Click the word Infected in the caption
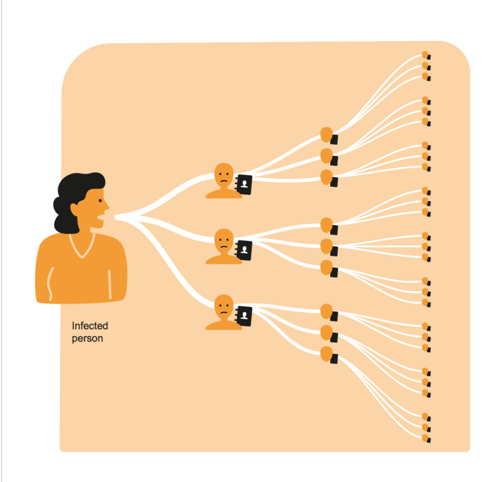click(90, 326)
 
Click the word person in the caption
click(87, 339)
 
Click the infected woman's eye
click(99, 200)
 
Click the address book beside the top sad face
click(244, 183)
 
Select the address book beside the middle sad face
click(244, 250)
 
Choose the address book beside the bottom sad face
click(244, 315)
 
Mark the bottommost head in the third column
click(326, 354)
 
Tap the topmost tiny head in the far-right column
click(425, 55)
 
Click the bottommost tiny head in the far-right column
click(425, 437)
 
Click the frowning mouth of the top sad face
click(224, 181)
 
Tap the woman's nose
click(107, 205)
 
